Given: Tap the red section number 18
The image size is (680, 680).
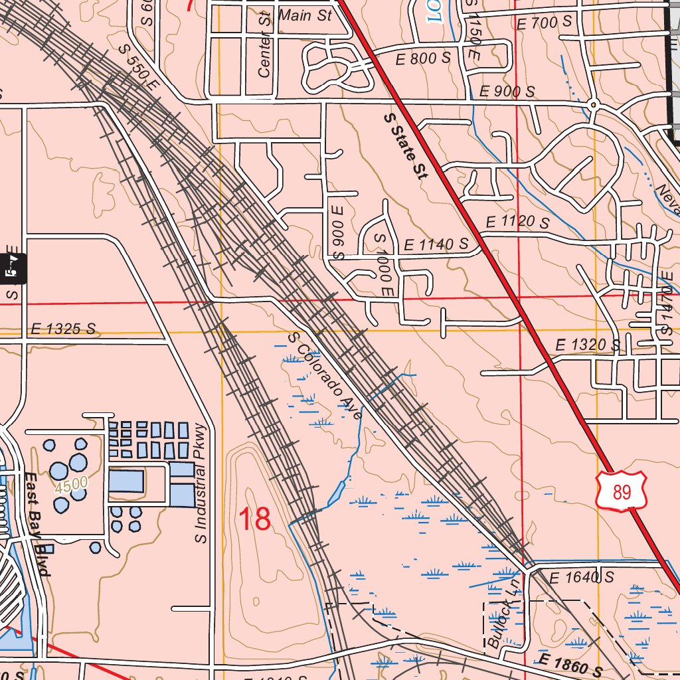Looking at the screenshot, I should [254, 519].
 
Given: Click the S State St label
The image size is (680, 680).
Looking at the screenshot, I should [406, 147].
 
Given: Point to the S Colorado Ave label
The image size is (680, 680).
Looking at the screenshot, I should [325, 376].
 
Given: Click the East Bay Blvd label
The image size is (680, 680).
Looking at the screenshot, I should [38, 525].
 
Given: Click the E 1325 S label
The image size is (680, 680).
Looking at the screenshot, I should [63, 329].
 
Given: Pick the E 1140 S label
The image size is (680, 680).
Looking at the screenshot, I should [435, 244].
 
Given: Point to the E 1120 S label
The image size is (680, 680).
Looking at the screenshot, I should [517, 221].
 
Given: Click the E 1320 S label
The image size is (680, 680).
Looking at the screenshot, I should [587, 345].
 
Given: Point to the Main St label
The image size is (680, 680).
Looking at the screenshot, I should [305, 15].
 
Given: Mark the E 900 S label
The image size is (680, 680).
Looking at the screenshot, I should [507, 92].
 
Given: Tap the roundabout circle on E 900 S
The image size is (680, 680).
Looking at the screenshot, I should [594, 104].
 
